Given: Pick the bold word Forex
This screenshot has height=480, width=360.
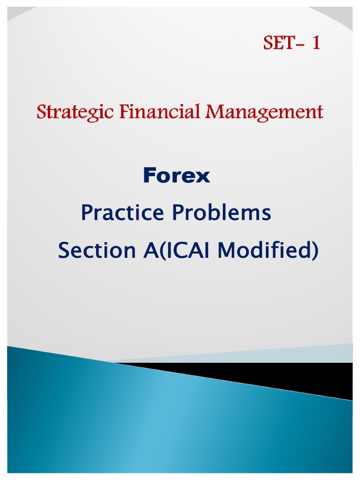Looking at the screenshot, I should point(176,176).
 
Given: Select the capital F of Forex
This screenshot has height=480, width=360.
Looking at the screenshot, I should point(149,176).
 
